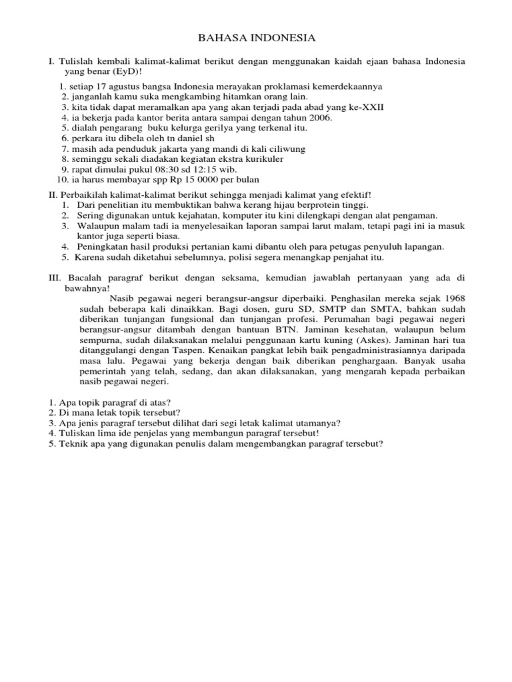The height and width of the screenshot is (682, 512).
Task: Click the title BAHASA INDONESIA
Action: pyautogui.click(x=256, y=38)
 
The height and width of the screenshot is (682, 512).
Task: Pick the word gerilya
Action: pyautogui.click(x=234, y=128)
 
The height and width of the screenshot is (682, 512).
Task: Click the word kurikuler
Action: pyautogui.click(x=261, y=159)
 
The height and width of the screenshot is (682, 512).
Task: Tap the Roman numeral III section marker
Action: pyautogui.click(x=55, y=277)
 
